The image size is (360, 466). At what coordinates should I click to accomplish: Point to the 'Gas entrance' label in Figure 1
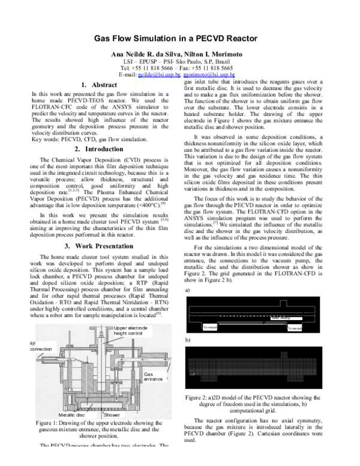[154, 376]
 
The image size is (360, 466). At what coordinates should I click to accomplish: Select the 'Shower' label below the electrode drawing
[113, 415]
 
